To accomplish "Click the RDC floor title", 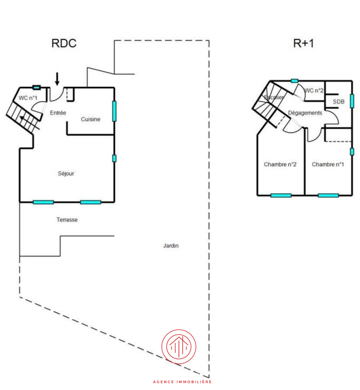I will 64,43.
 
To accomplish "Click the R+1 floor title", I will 303,43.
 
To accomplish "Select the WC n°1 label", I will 28,98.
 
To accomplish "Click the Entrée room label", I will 58,112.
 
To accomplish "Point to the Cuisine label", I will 90,119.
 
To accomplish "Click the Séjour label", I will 66,174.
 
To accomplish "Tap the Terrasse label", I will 67,220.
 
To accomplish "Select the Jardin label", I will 171,246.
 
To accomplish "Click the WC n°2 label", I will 314,90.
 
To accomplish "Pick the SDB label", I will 339,101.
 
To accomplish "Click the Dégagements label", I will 305,113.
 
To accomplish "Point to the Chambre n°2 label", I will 280,165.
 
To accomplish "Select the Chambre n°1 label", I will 328,165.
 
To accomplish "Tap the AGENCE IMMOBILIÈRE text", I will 182,382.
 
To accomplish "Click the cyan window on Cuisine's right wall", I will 114,111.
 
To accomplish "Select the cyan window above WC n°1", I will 36,87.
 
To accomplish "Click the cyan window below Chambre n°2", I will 281,195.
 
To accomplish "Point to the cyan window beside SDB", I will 352,100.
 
